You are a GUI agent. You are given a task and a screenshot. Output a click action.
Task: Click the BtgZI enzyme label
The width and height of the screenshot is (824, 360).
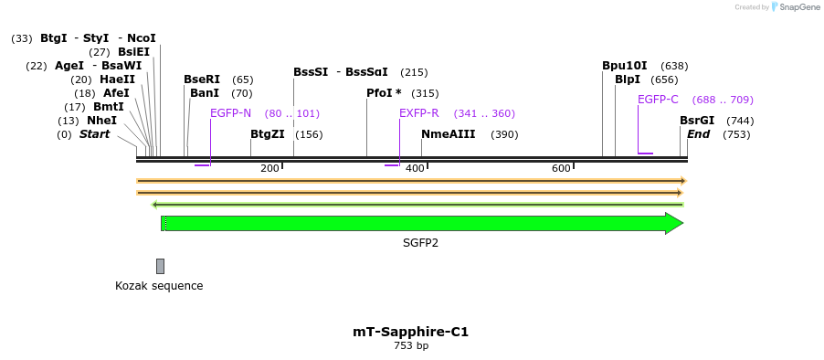tap(268, 134)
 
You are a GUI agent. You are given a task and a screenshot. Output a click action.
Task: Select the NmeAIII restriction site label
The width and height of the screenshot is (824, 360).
tap(448, 134)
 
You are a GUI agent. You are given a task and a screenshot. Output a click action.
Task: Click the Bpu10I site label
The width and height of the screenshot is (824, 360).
tap(624, 66)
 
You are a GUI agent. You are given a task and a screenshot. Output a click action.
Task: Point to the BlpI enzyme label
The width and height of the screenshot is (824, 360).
tap(628, 79)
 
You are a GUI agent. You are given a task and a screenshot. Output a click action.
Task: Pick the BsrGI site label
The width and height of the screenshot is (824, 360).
tap(697, 121)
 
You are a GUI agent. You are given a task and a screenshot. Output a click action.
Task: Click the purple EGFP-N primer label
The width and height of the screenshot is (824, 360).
tap(230, 113)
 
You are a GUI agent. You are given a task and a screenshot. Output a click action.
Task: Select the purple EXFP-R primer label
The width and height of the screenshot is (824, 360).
tap(418, 113)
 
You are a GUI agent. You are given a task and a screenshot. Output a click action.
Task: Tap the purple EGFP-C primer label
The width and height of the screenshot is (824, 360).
tap(658, 100)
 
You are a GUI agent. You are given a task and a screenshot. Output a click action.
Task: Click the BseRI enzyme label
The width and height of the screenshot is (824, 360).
tap(202, 79)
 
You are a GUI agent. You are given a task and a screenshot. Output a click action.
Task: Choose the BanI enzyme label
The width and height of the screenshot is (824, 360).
tap(205, 93)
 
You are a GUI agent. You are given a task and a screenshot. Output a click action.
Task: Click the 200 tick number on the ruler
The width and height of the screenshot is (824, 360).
tap(269, 169)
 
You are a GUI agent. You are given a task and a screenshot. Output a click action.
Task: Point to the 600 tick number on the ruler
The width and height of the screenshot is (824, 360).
tap(561, 169)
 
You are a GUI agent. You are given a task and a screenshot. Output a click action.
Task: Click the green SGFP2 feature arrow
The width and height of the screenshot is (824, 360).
tap(420, 224)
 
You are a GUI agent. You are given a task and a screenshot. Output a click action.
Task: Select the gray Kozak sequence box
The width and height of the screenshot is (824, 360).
tap(160, 266)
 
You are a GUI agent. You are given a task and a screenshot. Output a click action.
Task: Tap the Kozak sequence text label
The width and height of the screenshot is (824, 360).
tap(159, 286)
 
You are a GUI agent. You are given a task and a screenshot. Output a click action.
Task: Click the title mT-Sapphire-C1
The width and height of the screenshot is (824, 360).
tap(410, 332)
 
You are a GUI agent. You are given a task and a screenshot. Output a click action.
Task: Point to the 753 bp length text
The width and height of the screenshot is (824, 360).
tap(411, 346)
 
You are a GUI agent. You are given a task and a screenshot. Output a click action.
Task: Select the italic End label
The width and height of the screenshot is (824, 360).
tap(698, 134)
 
